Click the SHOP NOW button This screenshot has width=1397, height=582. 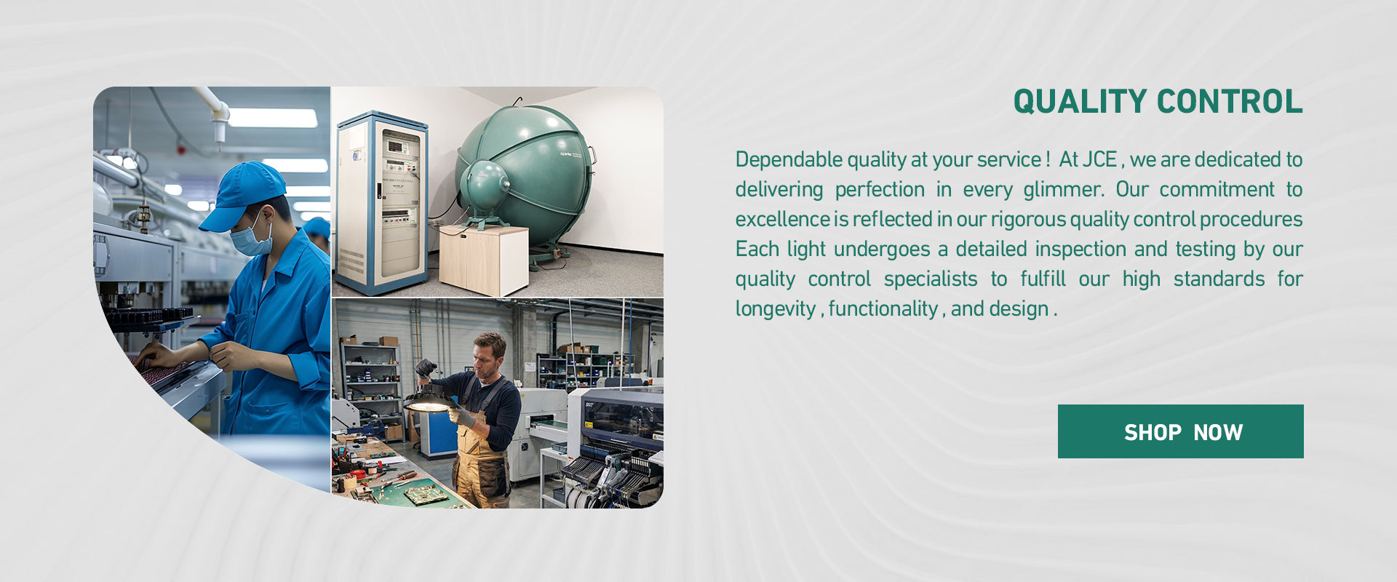1180,431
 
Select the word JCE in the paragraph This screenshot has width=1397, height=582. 1099,159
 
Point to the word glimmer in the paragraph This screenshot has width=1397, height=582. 1064,189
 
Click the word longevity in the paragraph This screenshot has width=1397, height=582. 775,309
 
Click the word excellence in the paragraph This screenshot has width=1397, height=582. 782,219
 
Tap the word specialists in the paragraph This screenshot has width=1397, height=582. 931,279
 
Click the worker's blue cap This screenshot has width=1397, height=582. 242,194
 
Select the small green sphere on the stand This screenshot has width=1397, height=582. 484,186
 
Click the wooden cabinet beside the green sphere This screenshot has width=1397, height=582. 484,260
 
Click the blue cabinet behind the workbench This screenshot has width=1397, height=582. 439,434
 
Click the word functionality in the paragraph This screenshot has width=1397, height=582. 883,309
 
